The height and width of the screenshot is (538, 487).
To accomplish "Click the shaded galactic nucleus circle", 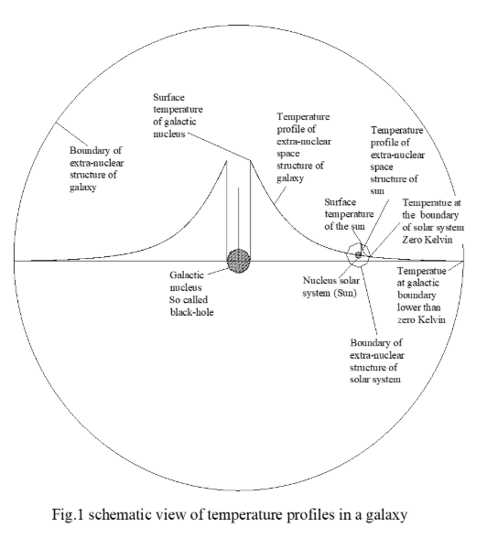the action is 239,261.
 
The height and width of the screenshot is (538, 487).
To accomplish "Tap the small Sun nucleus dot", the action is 358,255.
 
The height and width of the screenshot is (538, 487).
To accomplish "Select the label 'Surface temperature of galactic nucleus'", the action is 178,115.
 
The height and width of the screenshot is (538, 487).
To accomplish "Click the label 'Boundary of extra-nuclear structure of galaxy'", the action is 96,168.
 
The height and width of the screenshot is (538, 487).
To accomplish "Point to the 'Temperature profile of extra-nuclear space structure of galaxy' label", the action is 304,147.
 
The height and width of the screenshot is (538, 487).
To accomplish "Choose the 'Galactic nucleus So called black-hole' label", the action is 191,294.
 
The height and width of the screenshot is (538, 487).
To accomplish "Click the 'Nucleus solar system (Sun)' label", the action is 330,286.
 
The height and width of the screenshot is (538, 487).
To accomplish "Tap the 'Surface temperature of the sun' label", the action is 349,214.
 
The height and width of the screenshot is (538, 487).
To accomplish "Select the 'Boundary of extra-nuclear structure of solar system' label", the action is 376,360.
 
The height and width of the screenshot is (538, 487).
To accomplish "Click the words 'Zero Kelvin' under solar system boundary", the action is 427,240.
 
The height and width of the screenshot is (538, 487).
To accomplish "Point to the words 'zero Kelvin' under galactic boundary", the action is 421,320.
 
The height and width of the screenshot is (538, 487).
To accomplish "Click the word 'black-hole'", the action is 191,312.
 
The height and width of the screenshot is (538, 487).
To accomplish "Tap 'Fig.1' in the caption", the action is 68,514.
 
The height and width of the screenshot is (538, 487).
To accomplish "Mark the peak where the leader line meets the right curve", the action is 250,160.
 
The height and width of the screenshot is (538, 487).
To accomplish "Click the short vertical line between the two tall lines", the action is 238,219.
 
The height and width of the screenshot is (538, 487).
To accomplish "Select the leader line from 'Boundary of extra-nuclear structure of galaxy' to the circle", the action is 71,134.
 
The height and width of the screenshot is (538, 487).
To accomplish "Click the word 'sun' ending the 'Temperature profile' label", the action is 377,191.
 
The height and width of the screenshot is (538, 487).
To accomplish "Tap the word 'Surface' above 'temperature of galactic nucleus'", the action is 168,97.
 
